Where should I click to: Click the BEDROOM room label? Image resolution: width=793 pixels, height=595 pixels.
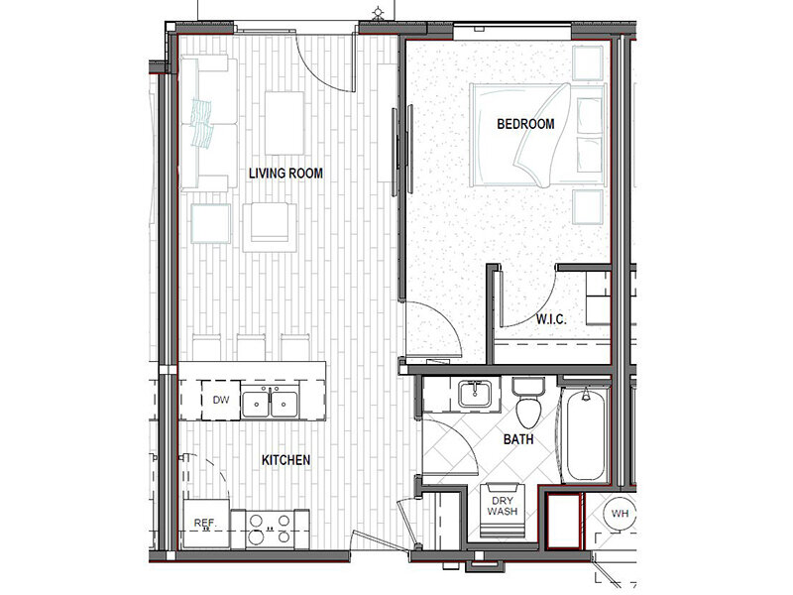click(x=525, y=124)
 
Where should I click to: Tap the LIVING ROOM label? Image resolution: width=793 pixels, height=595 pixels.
click(x=285, y=174)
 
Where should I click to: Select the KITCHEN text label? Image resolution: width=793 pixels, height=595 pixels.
click(x=285, y=460)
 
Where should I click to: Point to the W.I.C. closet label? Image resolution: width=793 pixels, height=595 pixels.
click(x=551, y=319)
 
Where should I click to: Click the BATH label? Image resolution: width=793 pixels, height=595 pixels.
click(x=518, y=439)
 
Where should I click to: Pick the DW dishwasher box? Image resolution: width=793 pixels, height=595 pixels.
click(x=221, y=401)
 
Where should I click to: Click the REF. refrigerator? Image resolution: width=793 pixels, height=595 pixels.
click(x=206, y=524)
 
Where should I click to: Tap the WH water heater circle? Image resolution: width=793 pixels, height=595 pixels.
click(x=620, y=514)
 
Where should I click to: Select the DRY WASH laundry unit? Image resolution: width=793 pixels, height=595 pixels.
click(x=503, y=510)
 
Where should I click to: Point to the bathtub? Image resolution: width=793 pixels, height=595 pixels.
click(x=586, y=434)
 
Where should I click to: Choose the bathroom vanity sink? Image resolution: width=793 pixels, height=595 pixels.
click(x=475, y=394)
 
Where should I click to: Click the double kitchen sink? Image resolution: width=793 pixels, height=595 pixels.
click(x=270, y=404)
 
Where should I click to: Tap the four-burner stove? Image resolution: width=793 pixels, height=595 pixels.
click(x=270, y=530)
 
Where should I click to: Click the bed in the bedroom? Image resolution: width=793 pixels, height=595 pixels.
click(x=537, y=135)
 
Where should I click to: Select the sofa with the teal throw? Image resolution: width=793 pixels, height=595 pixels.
click(x=208, y=123)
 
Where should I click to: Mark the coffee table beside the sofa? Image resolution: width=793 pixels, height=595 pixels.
click(x=284, y=123)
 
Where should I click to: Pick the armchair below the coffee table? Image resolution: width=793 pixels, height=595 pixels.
click(x=270, y=227)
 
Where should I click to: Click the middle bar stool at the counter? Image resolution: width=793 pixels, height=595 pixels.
click(x=251, y=347)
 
